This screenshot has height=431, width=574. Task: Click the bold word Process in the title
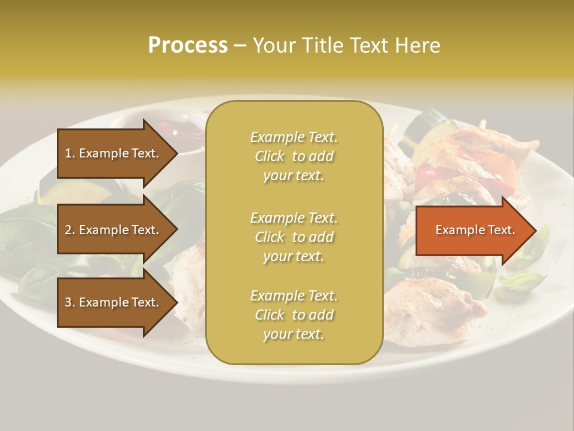point(188,45)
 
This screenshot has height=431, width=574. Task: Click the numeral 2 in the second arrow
point(68,230)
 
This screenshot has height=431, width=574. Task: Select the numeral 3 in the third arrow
point(68,302)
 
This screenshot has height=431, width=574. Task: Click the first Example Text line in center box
point(294,137)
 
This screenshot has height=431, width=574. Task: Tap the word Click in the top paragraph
point(270,156)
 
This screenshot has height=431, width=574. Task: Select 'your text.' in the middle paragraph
point(294,256)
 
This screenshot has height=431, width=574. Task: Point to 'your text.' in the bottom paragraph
point(294,334)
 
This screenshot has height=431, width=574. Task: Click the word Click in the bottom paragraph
point(270,315)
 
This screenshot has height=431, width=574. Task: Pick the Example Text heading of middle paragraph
point(294,218)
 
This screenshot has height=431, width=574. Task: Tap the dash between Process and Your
point(240,46)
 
